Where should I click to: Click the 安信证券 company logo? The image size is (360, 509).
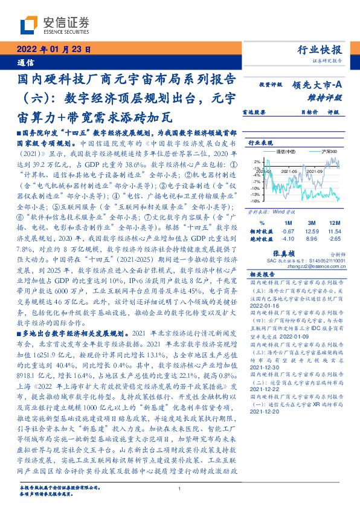point(55,25)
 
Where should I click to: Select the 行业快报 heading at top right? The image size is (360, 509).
point(320,50)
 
